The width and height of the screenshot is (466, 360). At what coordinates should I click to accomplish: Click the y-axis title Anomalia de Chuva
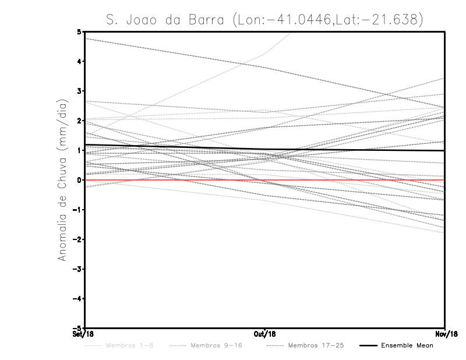coord(62,180)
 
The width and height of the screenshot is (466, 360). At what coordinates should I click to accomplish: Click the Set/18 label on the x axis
coord(85,333)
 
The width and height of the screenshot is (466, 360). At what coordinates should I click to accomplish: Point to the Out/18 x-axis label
coord(265,333)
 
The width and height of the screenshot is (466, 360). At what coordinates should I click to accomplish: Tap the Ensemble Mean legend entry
coord(407,345)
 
